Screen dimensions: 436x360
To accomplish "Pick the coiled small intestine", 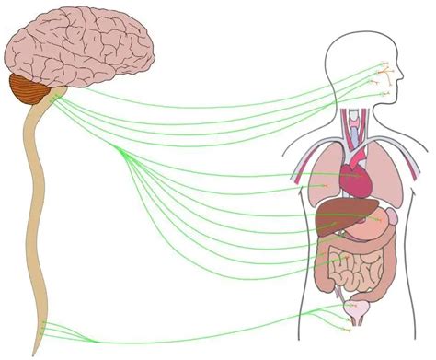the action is (354, 272).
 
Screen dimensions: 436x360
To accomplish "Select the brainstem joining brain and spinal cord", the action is (51, 97).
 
